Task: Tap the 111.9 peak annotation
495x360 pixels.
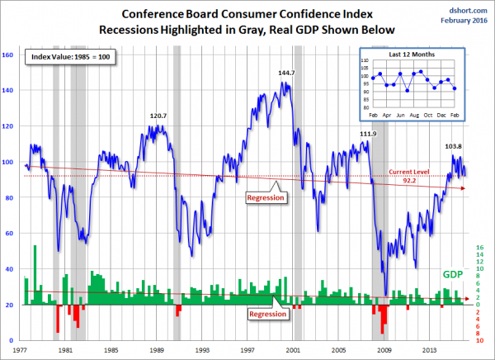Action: (x=368, y=134)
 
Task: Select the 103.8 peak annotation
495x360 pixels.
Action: (x=445, y=146)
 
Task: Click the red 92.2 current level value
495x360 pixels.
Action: (x=410, y=181)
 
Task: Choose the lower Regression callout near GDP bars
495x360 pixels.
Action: (x=267, y=315)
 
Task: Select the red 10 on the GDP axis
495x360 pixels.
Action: (x=479, y=340)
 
